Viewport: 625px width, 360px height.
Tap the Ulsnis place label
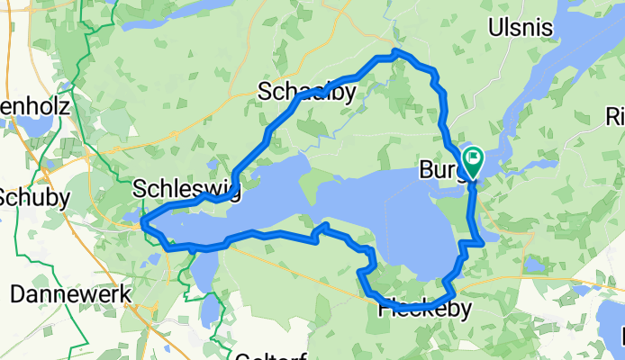click(x=520, y=28)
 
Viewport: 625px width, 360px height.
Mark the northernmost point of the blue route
click(x=396, y=53)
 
